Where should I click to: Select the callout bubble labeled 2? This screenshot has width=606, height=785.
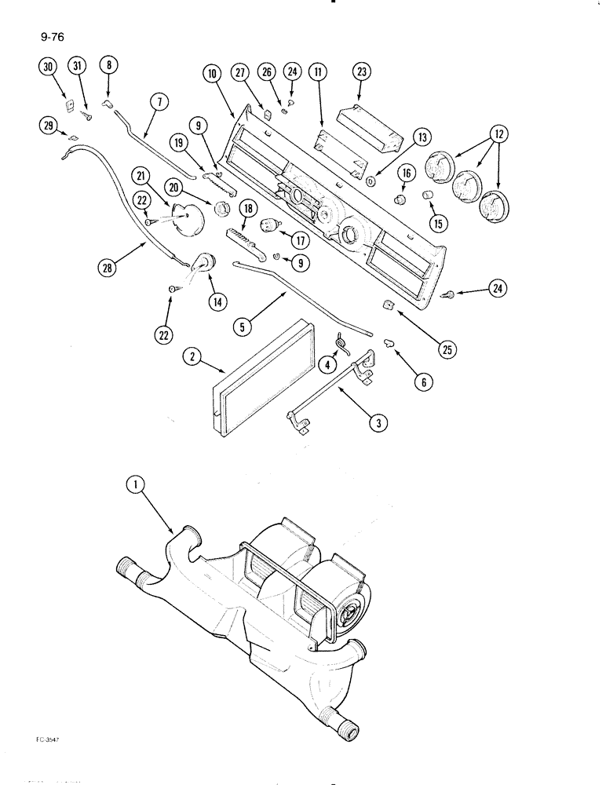point(190,356)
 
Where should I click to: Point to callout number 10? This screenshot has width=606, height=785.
point(212,73)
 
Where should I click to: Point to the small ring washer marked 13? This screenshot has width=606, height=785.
point(370,180)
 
